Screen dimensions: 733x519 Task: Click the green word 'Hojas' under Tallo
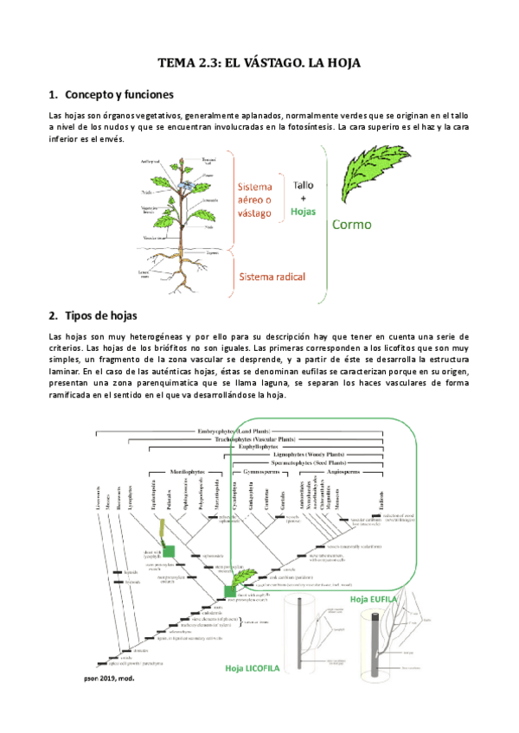pos(303,210)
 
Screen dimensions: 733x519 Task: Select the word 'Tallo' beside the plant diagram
pos(303,185)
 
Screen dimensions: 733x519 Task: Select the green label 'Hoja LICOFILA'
pos(257,668)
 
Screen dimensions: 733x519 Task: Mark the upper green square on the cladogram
pos(170,551)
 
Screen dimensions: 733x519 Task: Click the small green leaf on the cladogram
pos(247,576)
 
